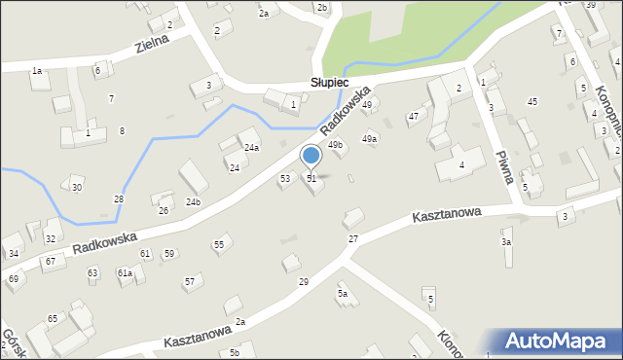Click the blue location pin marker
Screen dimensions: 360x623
click(311, 157)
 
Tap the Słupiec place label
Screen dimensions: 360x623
click(330, 84)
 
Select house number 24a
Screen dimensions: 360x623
click(251, 148)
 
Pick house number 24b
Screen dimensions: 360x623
click(193, 201)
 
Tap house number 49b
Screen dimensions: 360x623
click(335, 145)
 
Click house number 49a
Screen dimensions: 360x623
click(370, 139)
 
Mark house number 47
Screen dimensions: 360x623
click(413, 117)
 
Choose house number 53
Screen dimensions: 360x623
click(285, 179)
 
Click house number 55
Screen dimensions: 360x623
click(219, 244)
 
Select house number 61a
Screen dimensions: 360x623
click(125, 273)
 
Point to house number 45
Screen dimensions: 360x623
click(531, 101)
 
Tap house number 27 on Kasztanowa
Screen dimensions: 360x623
click(353, 238)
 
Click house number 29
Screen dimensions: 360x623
click(304, 281)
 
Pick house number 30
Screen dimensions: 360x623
click(77, 187)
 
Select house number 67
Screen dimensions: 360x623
click(49, 262)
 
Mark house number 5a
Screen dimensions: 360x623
click(343, 293)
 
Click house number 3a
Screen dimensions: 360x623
click(506, 241)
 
